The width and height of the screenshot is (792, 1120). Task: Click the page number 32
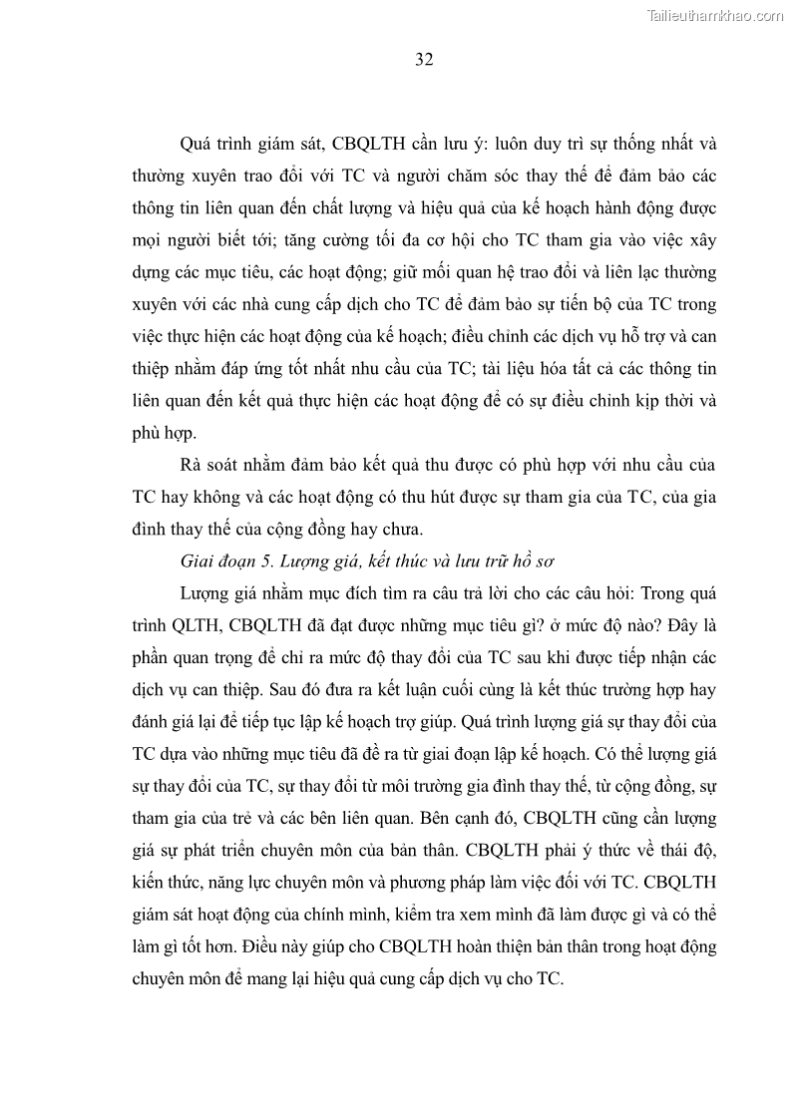point(423,59)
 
